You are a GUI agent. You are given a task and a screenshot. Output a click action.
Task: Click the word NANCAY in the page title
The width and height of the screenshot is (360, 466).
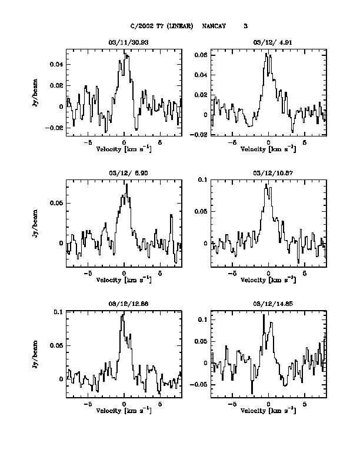point(214,26)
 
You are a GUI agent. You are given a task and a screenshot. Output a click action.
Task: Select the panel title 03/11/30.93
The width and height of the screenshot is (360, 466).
point(124,42)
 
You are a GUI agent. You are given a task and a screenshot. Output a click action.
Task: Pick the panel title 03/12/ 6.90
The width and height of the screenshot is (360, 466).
point(124,174)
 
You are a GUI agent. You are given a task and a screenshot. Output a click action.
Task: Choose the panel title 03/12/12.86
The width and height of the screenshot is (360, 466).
point(124,305)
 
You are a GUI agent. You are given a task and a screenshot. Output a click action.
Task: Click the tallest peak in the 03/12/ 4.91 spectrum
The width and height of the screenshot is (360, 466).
point(266,54)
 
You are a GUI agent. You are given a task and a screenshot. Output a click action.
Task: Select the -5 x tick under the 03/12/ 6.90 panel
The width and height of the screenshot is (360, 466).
point(88,274)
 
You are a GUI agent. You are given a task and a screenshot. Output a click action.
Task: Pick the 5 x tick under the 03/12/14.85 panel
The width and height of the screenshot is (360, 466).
point(305,405)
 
